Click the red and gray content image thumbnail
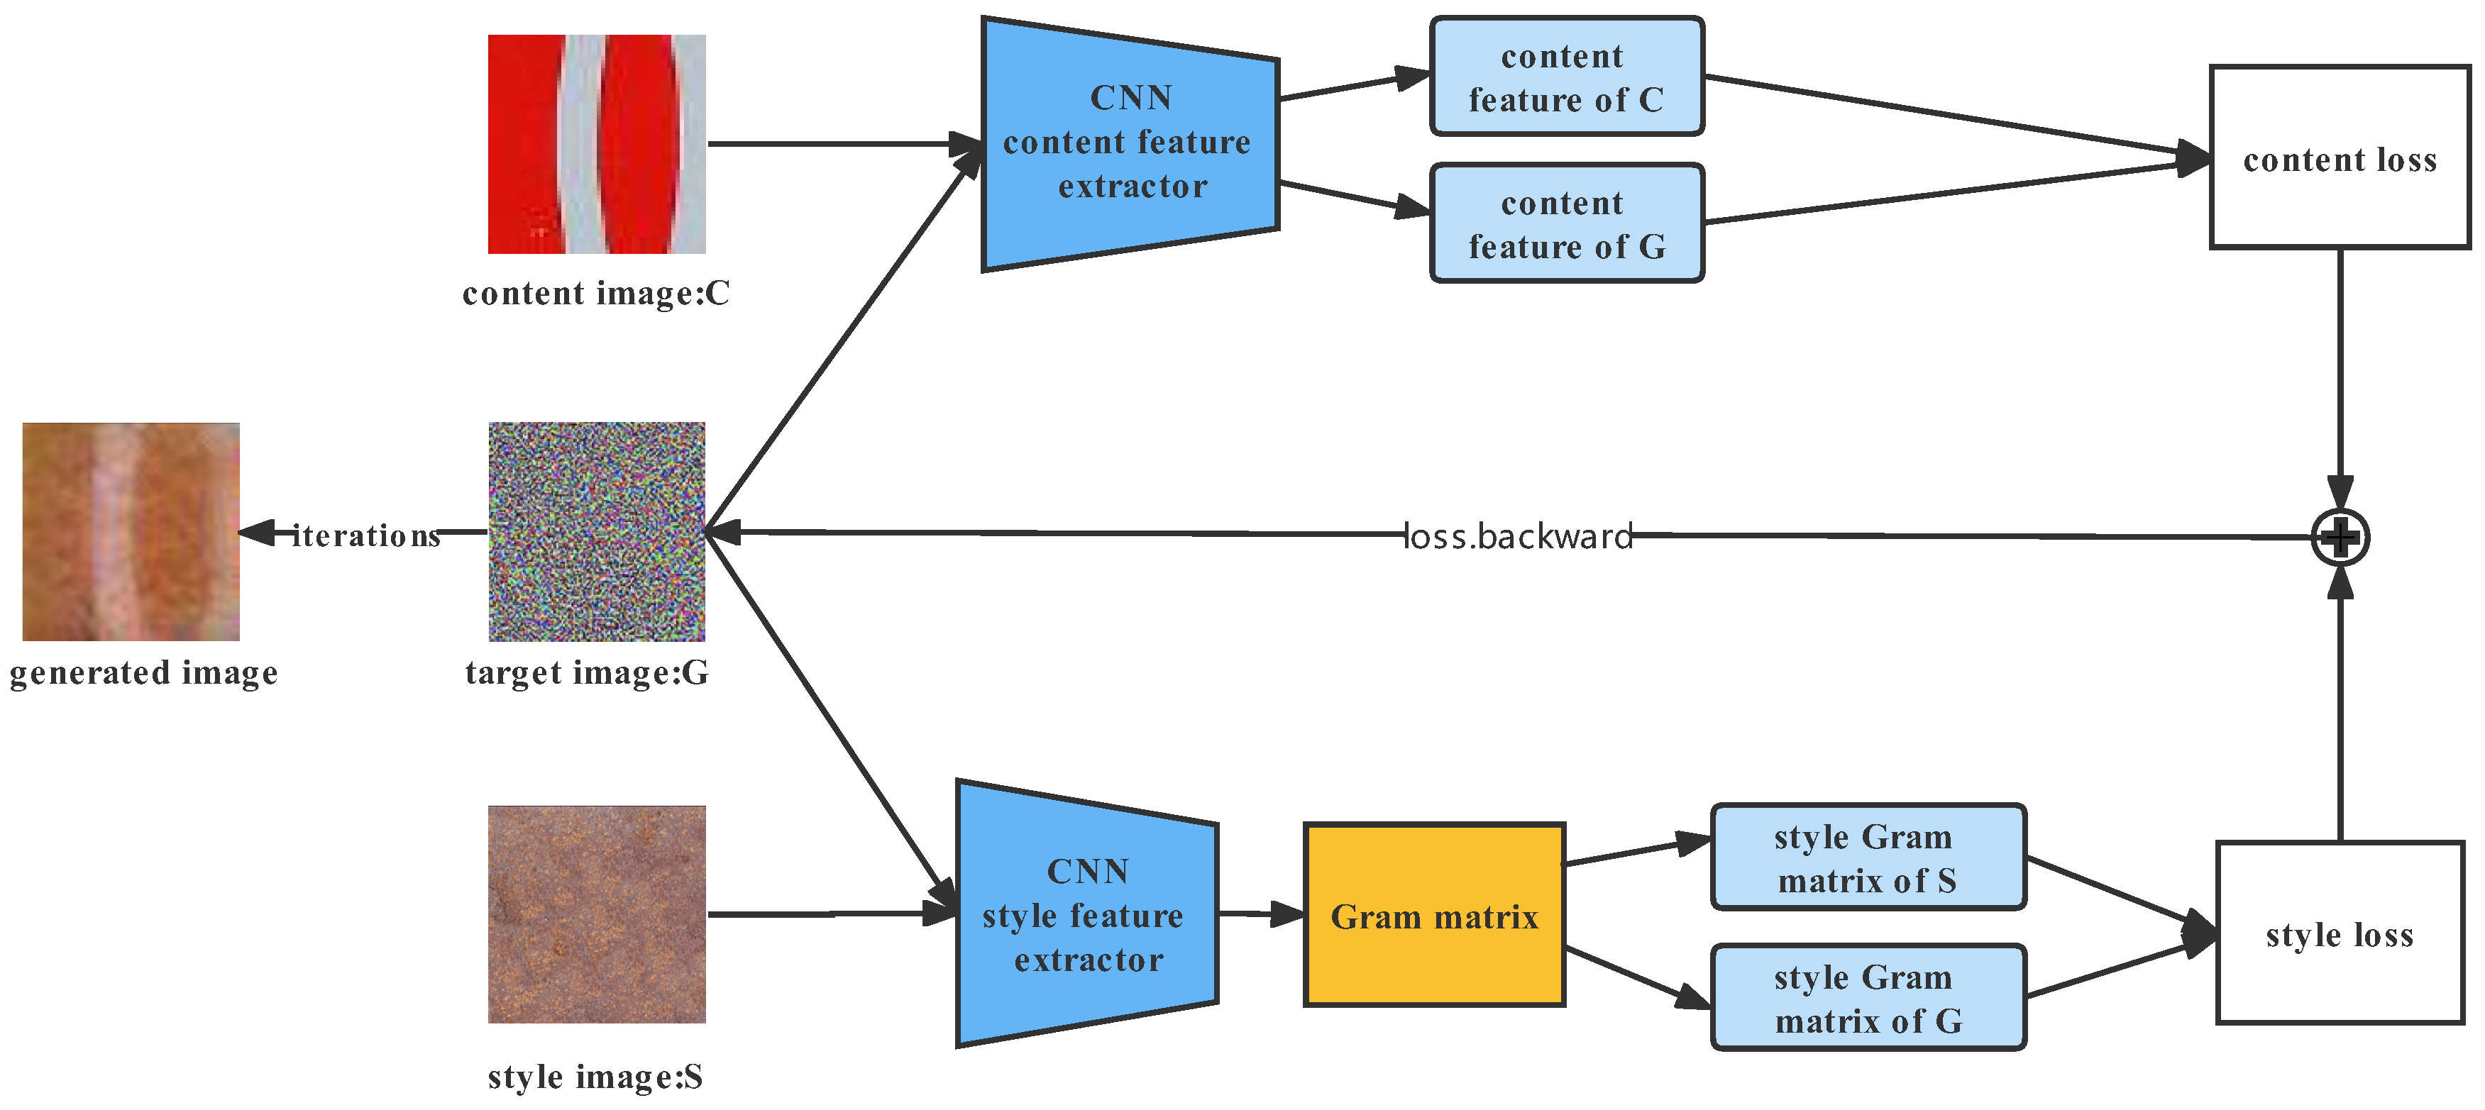tap(596, 144)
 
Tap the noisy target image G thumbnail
tap(596, 531)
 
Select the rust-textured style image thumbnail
tap(596, 914)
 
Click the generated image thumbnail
tap(131, 531)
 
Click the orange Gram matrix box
tap(1433, 915)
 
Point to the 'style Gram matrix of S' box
tap(1868, 858)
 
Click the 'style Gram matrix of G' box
tap(1868, 998)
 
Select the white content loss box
tap(2340, 158)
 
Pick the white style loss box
tap(2340, 933)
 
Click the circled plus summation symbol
tap(2340, 537)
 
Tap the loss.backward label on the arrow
tap(1516, 536)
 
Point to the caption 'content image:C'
tap(596, 292)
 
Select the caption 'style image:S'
tap(595, 1076)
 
